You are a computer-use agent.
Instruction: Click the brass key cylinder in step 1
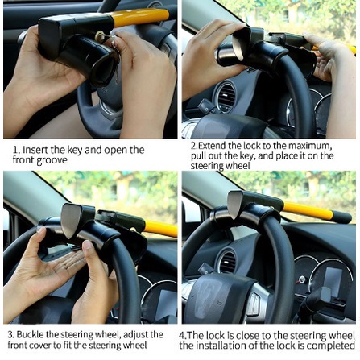click(x=100, y=37)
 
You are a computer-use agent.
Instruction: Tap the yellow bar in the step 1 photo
click(x=139, y=17)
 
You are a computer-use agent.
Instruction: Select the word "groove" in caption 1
click(x=52, y=160)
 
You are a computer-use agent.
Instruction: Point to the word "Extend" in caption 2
click(x=212, y=146)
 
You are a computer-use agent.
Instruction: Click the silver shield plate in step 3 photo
click(x=71, y=221)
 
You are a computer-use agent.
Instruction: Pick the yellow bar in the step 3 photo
click(x=161, y=228)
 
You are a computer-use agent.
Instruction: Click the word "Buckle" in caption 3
click(x=30, y=335)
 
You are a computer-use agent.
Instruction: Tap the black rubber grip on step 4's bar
click(x=342, y=217)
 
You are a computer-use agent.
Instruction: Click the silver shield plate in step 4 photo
click(x=235, y=205)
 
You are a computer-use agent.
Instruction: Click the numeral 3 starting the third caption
click(x=10, y=335)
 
